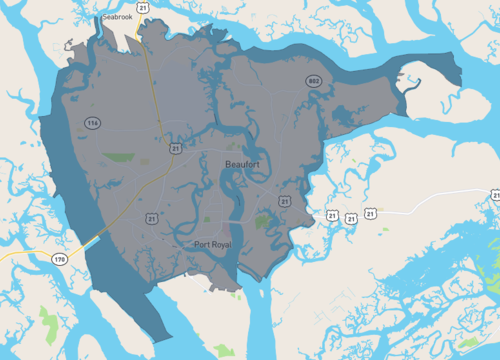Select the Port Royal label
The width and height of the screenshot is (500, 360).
tap(214, 244)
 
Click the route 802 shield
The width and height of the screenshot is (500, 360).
tap(314, 81)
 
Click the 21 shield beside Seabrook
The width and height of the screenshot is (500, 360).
tap(145, 8)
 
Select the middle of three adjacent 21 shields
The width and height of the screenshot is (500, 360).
tap(351, 217)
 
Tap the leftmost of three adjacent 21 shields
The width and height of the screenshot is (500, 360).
tap(331, 215)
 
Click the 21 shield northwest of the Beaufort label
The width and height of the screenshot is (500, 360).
tap(176, 148)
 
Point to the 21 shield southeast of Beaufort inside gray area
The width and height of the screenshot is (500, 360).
tap(286, 201)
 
